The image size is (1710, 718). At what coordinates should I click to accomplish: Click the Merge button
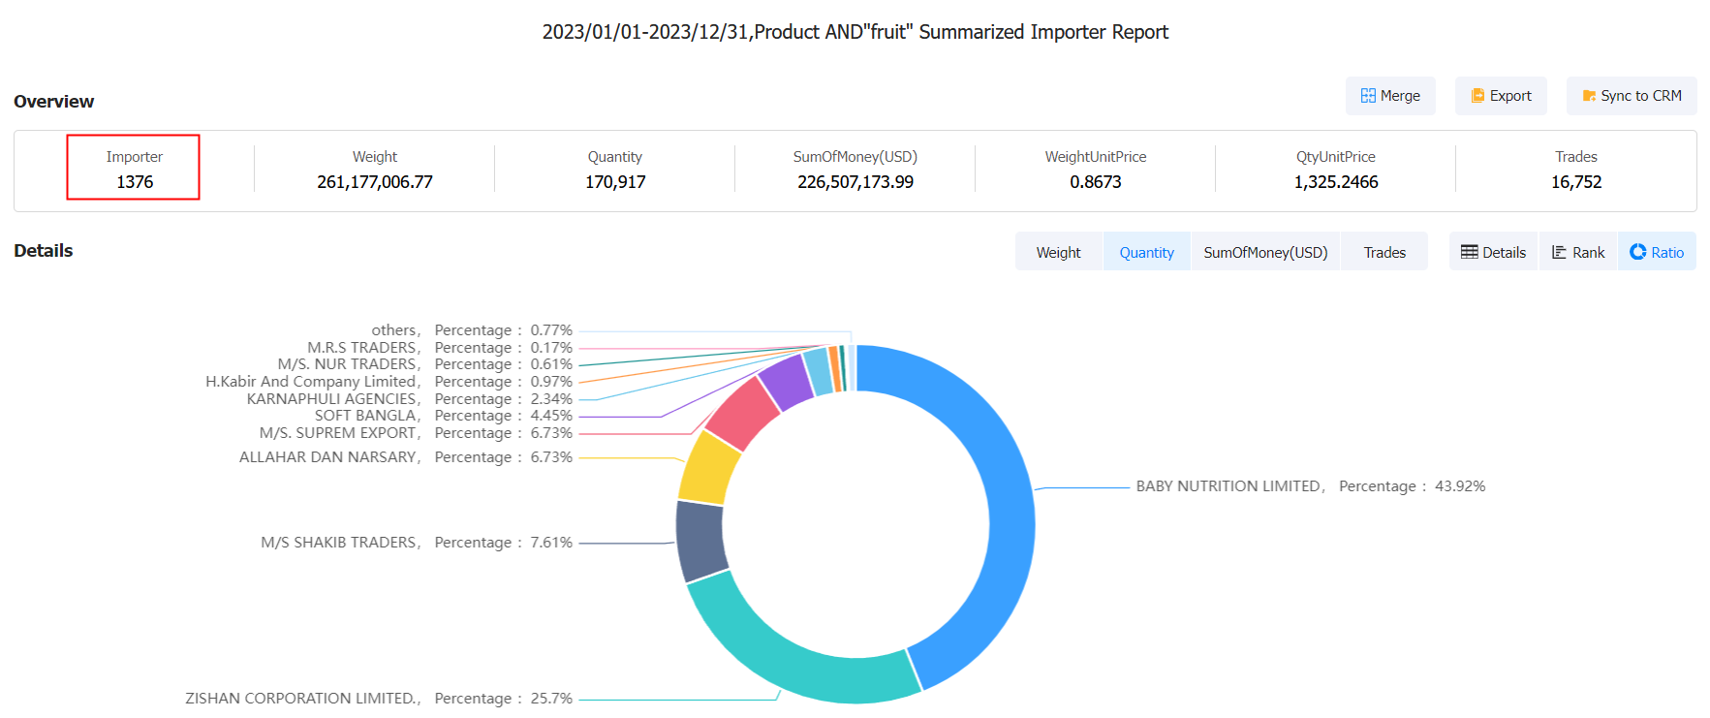coord(1390,96)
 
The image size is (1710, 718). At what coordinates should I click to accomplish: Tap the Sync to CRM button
coord(1632,96)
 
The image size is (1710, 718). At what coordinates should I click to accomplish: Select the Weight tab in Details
coord(1058,252)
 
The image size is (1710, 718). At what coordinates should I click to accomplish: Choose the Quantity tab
coord(1146,252)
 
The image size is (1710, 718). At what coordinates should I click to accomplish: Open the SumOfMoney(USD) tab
coord(1265,252)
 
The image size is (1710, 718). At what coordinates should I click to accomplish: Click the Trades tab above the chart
coord(1384,252)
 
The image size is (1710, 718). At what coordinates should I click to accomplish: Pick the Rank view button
coord(1578,252)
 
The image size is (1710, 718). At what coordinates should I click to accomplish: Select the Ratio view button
coord(1657,252)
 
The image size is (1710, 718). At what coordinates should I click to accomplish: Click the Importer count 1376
coord(135,182)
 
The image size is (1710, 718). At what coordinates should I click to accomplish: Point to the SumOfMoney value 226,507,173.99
coord(855,182)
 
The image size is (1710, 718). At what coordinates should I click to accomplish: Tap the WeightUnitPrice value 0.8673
coord(1095,182)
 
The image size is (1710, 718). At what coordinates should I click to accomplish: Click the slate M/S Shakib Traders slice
coord(700,540)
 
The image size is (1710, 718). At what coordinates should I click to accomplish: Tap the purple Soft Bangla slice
coord(786,381)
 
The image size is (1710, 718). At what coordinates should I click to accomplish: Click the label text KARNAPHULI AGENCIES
coord(331,399)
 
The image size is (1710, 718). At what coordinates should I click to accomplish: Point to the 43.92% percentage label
coord(1459,486)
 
